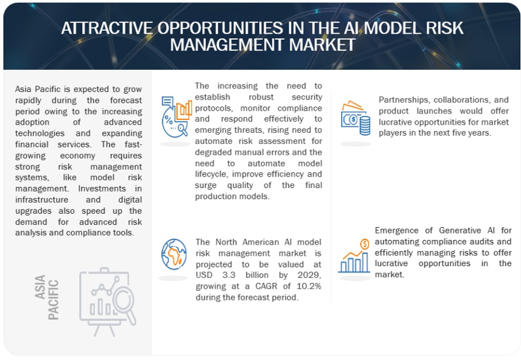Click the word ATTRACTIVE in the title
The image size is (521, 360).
click(107, 28)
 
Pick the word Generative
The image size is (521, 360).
click(459, 230)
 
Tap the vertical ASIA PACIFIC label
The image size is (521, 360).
click(47, 298)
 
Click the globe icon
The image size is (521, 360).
click(174, 255)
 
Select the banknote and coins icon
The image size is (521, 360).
click(356, 118)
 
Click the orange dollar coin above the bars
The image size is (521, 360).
click(364, 244)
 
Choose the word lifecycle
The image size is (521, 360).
click(211, 175)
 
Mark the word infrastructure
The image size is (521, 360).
click(41, 200)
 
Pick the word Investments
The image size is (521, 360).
click(102, 189)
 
